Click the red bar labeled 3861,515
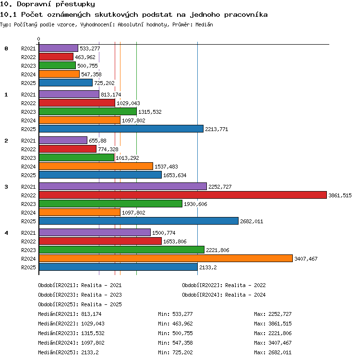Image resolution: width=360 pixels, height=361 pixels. coord(183,195)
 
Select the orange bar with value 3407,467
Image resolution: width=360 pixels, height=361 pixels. coord(166,258)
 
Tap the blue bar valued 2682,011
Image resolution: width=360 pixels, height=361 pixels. coord(139,221)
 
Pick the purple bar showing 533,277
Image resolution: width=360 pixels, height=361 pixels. coord(59,48)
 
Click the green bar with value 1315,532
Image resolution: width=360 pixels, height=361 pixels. coord(88,111)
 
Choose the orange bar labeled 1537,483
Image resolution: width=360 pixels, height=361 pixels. coord(96,166)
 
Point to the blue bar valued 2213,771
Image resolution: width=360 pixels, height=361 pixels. coord(121,129)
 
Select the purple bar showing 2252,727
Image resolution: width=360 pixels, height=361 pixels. coord(123,186)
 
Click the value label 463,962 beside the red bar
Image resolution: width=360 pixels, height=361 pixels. coord(85,57)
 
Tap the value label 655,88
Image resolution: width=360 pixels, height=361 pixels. coord(97,141)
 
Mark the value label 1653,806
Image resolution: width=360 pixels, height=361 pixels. coord(175,241)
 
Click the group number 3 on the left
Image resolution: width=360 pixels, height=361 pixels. coord(6,187)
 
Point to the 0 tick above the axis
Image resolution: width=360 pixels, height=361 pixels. coord(39,39)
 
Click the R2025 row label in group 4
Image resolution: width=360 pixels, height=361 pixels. coord(28,267)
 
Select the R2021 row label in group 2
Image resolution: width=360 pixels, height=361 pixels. coord(28,141)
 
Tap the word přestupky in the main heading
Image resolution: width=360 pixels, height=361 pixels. coord(75,4)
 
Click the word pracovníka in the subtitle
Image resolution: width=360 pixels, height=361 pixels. coord(246,15)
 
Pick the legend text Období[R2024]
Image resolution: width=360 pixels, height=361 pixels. coord(201,295)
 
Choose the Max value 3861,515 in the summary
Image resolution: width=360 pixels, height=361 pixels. coord(280,324)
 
